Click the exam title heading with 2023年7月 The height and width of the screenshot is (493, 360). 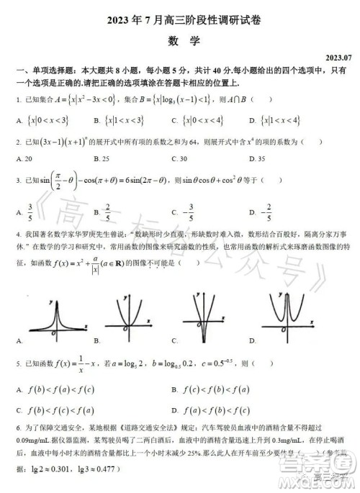point(179,21)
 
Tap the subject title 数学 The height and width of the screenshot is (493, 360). point(179,42)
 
